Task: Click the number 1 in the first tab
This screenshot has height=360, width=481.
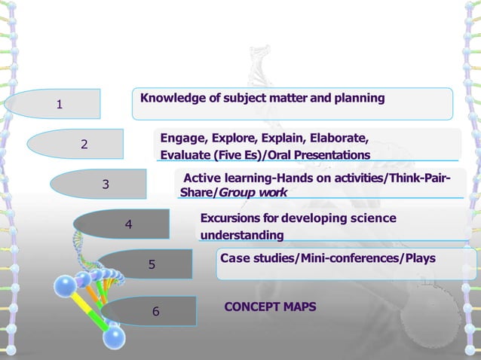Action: coord(60,105)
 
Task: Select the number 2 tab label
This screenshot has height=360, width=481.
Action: coord(84,144)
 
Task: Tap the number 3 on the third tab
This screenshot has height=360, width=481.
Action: coord(106,184)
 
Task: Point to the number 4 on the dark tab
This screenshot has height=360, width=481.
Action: coord(129,224)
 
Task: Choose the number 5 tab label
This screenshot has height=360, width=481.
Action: coord(152,264)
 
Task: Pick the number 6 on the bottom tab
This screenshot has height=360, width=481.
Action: coord(155,311)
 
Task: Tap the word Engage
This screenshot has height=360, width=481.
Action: coord(182,139)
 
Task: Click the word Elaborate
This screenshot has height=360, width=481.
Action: coord(339,139)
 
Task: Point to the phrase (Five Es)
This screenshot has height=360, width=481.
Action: coord(219,155)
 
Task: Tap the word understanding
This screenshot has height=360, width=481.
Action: coord(241,236)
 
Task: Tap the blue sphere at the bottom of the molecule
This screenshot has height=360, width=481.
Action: coord(113,337)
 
